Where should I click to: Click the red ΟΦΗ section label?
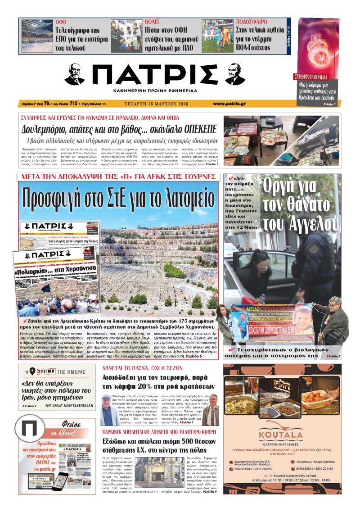(61, 22)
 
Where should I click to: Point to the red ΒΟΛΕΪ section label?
(153, 22)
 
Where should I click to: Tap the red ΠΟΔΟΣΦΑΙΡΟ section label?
(252, 22)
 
